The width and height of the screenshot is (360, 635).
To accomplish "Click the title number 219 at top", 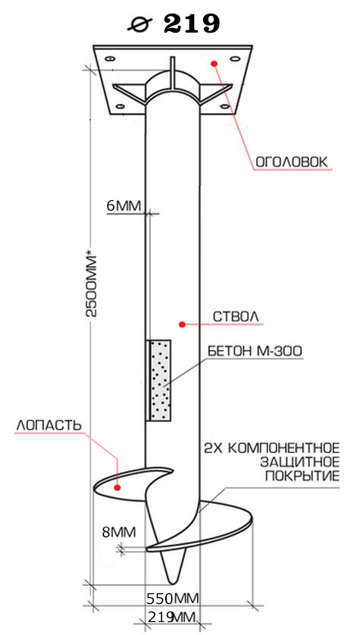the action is point(192,23).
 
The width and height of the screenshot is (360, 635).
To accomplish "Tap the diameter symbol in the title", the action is point(139,24).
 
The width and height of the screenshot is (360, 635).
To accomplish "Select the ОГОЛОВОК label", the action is point(290,162).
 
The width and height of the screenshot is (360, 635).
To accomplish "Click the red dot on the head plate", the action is point(214,63).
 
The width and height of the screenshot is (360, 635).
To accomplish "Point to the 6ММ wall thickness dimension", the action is point(124,205).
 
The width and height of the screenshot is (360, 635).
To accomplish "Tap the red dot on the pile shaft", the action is point(182,324).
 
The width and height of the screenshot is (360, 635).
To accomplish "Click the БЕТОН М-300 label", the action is point(255,351).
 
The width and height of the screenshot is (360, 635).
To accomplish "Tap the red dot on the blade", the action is point(117,487).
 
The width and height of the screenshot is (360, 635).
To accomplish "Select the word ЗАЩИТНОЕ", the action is point(299,462).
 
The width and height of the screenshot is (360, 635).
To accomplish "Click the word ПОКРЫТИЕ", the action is point(302,476).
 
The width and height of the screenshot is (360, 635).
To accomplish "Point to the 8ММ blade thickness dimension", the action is point(118,532).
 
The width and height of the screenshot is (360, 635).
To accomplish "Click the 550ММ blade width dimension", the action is point(173,598).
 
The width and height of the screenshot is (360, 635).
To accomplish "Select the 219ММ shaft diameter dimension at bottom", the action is point(173,617).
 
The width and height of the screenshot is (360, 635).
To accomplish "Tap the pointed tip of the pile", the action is point(174,583).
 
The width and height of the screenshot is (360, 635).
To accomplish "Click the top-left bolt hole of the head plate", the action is point(109,58).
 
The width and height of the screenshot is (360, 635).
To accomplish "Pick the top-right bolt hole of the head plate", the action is point(233,58).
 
